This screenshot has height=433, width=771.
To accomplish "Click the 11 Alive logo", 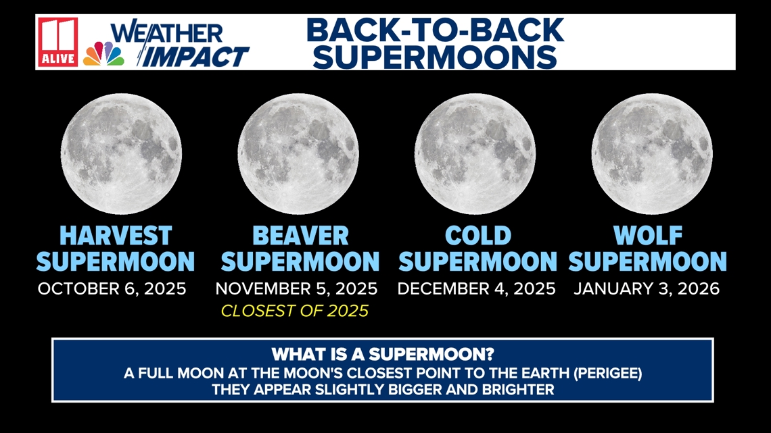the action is (x=57, y=43).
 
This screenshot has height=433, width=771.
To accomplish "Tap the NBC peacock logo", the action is (x=103, y=54).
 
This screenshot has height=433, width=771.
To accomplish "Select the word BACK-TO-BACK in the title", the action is (x=435, y=30).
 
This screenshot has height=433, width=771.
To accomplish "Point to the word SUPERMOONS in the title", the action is (x=435, y=57).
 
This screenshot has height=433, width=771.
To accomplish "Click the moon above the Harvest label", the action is (x=121, y=153).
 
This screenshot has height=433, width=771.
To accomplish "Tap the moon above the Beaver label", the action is (x=298, y=153).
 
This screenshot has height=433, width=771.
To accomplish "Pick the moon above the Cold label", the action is (x=475, y=153).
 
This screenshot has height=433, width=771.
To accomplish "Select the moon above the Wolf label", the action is (x=652, y=153).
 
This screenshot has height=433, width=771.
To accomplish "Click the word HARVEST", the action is (x=116, y=236).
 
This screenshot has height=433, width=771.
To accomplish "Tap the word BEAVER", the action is (x=300, y=236).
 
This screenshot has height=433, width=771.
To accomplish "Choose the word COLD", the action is (x=478, y=236).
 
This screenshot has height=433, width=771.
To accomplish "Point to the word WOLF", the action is (x=648, y=236).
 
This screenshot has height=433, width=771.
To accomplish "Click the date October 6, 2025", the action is (x=112, y=288).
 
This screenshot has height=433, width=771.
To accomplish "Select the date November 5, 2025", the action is (x=296, y=288).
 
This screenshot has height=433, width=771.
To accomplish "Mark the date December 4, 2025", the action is (x=477, y=288).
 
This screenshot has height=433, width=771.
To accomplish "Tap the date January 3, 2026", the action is (x=647, y=288).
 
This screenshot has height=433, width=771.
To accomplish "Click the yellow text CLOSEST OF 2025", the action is (x=294, y=311).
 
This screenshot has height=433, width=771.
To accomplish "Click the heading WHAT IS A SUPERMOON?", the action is (x=383, y=355).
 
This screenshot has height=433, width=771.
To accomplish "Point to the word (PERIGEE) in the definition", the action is (x=608, y=374).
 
